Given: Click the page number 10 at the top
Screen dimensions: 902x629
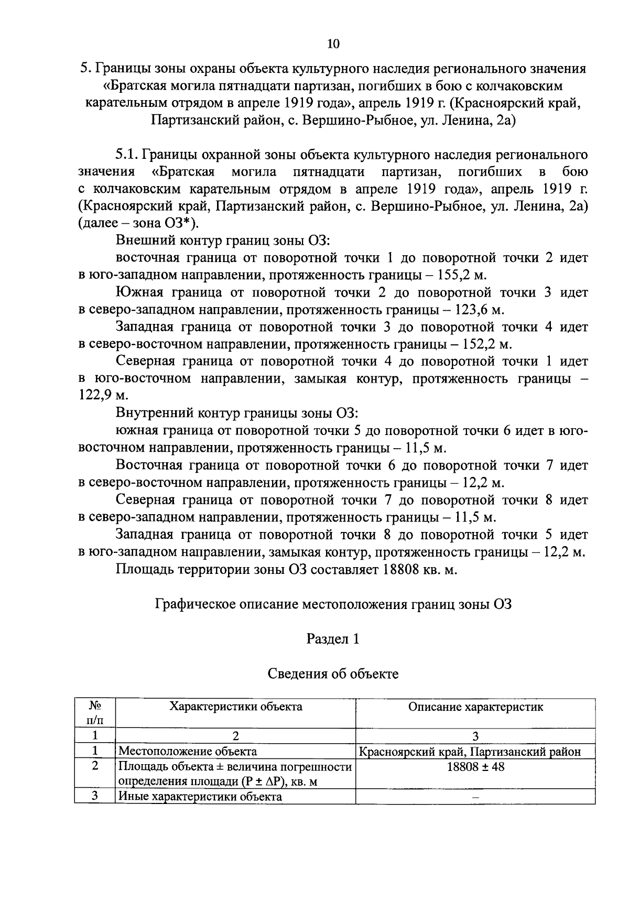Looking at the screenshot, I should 333,44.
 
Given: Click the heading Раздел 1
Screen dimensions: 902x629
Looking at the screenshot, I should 333,639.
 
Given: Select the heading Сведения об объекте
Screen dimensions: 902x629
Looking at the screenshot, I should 333,673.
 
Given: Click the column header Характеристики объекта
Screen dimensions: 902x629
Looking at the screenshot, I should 235,707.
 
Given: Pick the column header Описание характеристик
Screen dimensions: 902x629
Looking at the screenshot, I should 475,707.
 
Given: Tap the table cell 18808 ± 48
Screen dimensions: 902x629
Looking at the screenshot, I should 475,766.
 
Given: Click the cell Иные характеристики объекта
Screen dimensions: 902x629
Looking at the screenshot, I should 200,797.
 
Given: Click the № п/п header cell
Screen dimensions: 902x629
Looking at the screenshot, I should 95,713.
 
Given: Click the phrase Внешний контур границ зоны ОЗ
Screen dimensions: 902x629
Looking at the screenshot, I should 222,241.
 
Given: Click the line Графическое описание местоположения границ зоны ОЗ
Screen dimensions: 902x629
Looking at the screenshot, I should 333,604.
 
